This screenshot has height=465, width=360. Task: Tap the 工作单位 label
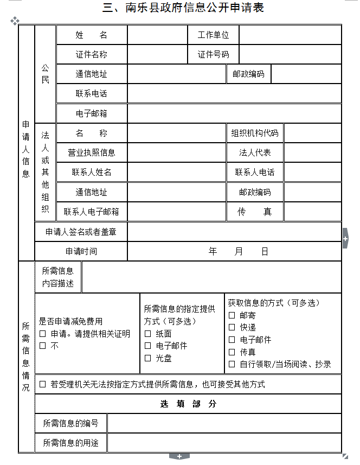pyautogui.click(x=213, y=35)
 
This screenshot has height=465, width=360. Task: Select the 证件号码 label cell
pyautogui.click(x=213, y=54)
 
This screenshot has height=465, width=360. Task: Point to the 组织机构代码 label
pyautogui.click(x=255, y=133)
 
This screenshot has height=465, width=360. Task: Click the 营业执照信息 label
pyautogui.click(x=92, y=152)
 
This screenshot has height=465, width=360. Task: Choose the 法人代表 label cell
pyautogui.click(x=255, y=152)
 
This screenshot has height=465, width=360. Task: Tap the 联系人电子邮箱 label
pyautogui.click(x=92, y=212)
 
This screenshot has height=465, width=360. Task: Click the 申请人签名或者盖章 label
pyautogui.click(x=81, y=232)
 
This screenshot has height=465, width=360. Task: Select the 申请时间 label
pyautogui.click(x=81, y=251)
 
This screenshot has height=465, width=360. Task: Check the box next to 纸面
pyautogui.click(x=148, y=334)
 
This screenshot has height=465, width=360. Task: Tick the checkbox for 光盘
pyautogui.click(x=148, y=358)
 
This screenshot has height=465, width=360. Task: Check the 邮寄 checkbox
pyautogui.click(x=232, y=315)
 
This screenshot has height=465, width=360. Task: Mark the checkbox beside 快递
pyautogui.click(x=232, y=327)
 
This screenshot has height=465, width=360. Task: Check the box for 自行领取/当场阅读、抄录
pyautogui.click(x=232, y=364)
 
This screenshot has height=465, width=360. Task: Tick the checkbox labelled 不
pyautogui.click(x=43, y=346)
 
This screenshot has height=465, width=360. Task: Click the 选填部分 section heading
pyautogui.click(x=188, y=404)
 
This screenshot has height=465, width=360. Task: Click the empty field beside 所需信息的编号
pyautogui.click(x=224, y=423)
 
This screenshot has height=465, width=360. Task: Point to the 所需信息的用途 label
pyautogui.click(x=71, y=443)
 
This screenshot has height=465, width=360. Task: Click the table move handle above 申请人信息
pyautogui.click(x=15, y=21)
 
